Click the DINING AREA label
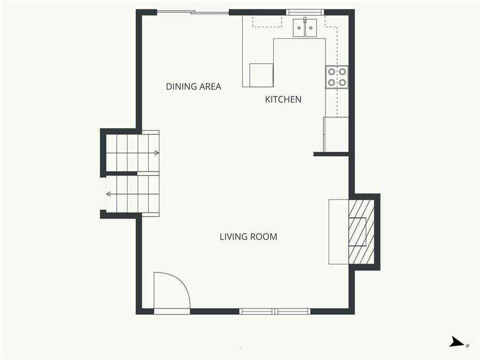pos(193,86)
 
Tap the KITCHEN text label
pos(283,99)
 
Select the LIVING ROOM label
pos(248,237)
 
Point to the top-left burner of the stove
pos(332,71)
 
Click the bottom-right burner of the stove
pos(342,82)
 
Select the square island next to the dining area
pos(261,75)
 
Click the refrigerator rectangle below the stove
pos(336,134)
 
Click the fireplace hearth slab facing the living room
pos(338,231)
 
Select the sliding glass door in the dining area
pos(193,12)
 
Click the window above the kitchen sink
pos(305,12)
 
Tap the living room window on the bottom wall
pos(275,311)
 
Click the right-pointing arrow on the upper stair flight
pos(156,153)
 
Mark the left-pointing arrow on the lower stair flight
pos(109,194)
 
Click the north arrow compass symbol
pos(457,342)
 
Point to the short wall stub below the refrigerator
pos(331,154)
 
